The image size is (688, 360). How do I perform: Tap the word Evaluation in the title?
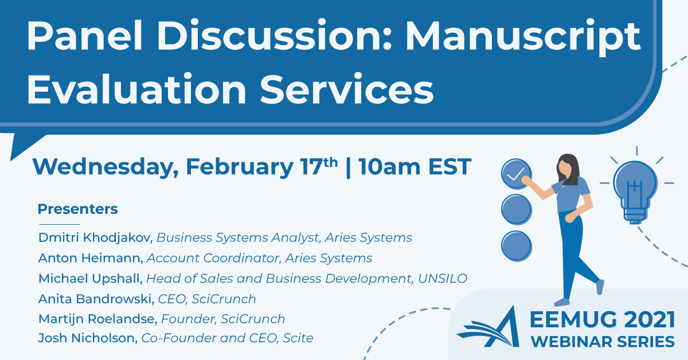(136, 89)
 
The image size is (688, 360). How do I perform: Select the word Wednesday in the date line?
(105, 167)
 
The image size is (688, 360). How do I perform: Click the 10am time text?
(389, 167)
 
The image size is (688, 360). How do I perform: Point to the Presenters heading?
(78, 209)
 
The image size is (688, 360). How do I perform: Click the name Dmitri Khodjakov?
(96, 237)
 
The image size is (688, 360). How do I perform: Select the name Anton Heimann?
(91, 258)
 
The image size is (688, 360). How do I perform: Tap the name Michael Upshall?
(91, 278)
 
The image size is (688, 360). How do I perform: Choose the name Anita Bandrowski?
(96, 299)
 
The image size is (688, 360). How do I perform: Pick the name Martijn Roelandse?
(97, 319)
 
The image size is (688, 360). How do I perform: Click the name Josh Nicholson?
(88, 338)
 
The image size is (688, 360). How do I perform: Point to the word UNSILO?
(443, 279)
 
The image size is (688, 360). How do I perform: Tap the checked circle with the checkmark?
(517, 174)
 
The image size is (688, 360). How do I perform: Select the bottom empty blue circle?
(517, 246)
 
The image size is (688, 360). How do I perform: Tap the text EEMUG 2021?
(603, 320)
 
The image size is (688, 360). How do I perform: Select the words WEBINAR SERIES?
(603, 342)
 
